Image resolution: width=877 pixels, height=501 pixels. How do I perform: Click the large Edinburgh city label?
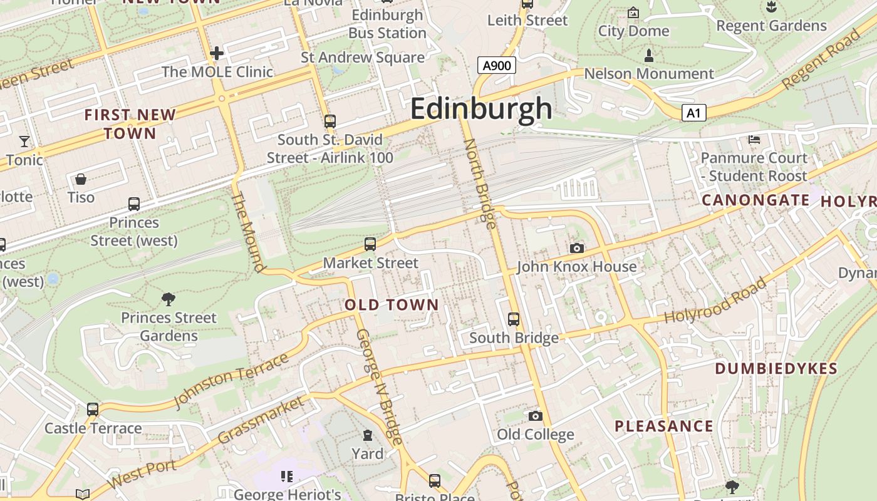click(x=481, y=109)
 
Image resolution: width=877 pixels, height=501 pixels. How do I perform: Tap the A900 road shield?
click(x=496, y=65)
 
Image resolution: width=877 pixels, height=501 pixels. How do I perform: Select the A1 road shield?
click(x=693, y=113)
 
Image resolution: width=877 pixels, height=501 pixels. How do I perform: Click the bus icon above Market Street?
click(x=370, y=244)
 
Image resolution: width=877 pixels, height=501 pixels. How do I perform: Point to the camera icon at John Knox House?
click(x=577, y=249)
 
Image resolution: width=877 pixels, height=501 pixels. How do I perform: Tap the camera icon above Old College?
click(x=535, y=416)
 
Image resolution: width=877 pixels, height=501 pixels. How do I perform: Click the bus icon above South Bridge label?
click(x=514, y=319)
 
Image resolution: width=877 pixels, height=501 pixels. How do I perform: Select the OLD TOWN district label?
click(x=392, y=305)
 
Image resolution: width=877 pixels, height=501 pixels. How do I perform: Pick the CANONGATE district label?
click(x=755, y=200)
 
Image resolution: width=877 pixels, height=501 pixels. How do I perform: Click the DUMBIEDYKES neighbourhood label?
click(x=776, y=369)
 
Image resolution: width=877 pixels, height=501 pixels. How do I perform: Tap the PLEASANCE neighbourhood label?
click(x=664, y=426)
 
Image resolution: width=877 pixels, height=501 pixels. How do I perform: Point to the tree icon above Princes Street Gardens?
click(x=169, y=299)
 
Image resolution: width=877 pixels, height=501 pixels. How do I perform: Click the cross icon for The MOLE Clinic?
click(x=217, y=53)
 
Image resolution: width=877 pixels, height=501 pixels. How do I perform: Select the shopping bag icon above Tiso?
click(x=81, y=180)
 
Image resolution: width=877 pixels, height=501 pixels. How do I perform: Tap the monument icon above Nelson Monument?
click(x=649, y=56)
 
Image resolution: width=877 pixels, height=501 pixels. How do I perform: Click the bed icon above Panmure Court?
click(x=754, y=139)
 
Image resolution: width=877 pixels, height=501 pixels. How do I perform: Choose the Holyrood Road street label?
click(x=715, y=301)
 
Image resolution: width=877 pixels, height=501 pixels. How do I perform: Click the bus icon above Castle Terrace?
click(x=93, y=410)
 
